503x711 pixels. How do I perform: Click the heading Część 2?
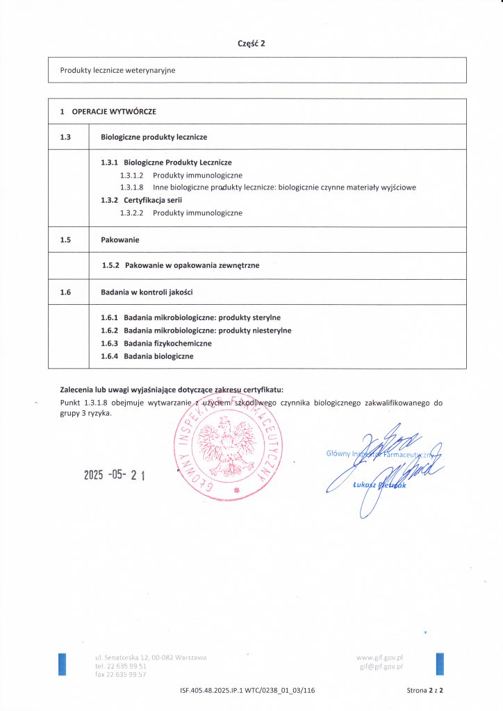pos(251,43)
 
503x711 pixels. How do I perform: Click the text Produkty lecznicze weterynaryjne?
pos(118,70)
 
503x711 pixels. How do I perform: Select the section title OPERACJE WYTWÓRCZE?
pos(114,111)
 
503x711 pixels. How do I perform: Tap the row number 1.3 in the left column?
pos(66,137)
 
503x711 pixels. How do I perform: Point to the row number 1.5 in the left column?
pos(66,240)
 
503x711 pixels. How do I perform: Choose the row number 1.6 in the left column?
pos(66,292)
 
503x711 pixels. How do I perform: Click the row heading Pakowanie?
pos(120,240)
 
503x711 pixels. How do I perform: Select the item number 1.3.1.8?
pos(131,187)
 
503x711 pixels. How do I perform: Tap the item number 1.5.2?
pos(111,265)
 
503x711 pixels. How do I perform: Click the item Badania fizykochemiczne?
pos(167,343)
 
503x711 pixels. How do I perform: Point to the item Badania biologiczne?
pos(158,356)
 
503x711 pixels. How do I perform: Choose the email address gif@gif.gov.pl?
pos(381,666)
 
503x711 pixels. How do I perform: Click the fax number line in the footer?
pos(121,674)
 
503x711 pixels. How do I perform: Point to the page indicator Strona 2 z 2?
pos(424,691)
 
